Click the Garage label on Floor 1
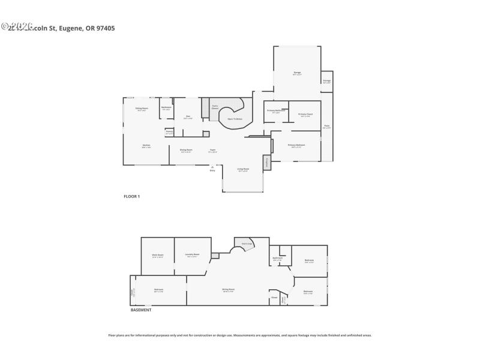297,73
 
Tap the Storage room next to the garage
327,81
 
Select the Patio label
326,127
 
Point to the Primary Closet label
305,115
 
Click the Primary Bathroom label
276,111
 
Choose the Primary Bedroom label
296,146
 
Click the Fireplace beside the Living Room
266,162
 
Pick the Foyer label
212,150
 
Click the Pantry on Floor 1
169,132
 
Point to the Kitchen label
146,146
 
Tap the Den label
188,117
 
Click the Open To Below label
235,119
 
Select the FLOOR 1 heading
131,196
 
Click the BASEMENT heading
141,310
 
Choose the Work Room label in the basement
157,256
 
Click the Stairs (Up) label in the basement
246,244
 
